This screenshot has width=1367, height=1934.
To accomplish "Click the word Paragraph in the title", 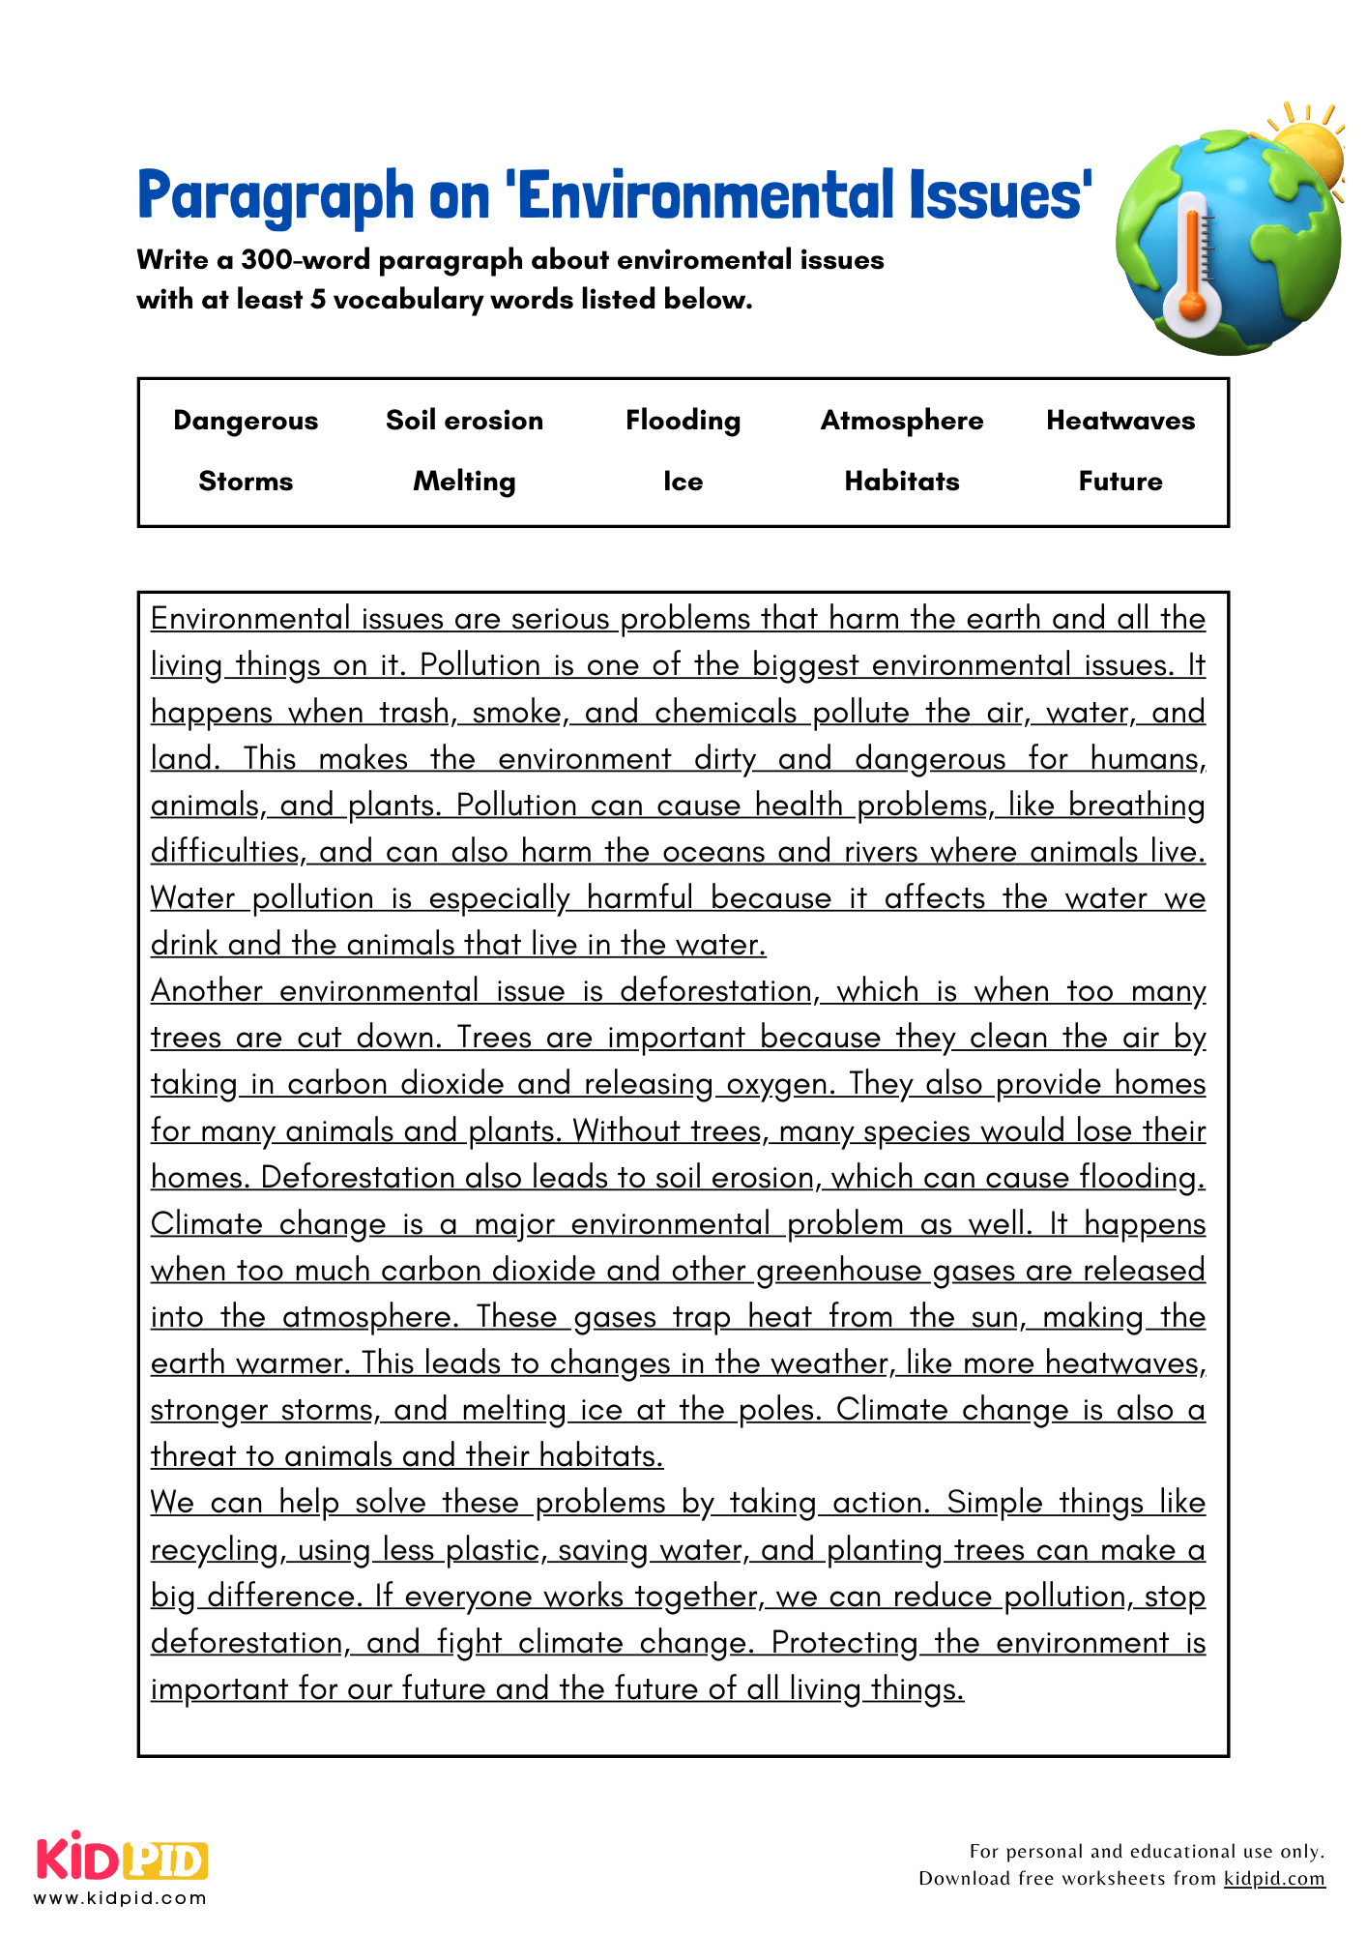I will pyautogui.click(x=276, y=195).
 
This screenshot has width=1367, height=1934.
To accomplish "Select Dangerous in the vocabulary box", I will pyautogui.click(x=246, y=421).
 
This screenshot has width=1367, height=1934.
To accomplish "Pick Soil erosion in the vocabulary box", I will pyautogui.click(x=464, y=421).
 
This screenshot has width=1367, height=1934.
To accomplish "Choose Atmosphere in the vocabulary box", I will pyautogui.click(x=901, y=421).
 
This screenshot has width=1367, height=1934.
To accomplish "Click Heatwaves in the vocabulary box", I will pyautogui.click(x=1120, y=421).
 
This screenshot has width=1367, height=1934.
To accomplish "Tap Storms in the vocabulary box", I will pyautogui.click(x=246, y=482).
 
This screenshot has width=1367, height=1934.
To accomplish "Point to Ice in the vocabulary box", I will pyautogui.click(x=683, y=482).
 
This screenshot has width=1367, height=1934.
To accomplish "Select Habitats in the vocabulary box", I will pyautogui.click(x=901, y=482).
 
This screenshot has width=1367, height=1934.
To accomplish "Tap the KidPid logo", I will pyautogui.click(x=122, y=1858).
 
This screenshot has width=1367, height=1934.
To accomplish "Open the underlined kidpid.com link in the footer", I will pyautogui.click(x=1274, y=1879).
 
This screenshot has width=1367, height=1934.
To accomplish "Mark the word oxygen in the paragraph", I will pyautogui.click(x=779, y=1085).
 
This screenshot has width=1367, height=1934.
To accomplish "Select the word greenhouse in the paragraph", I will pyautogui.click(x=838, y=1271).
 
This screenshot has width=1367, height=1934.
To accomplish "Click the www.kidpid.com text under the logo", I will pyautogui.click(x=120, y=1898).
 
